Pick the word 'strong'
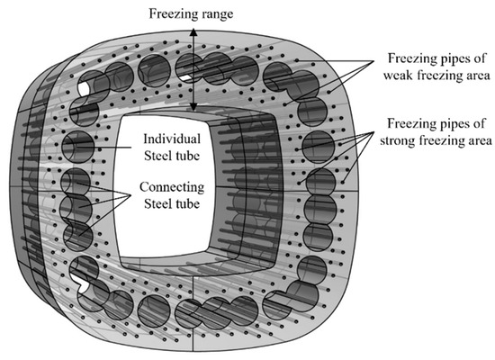pos(407,140)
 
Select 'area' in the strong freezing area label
pos(478,140)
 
